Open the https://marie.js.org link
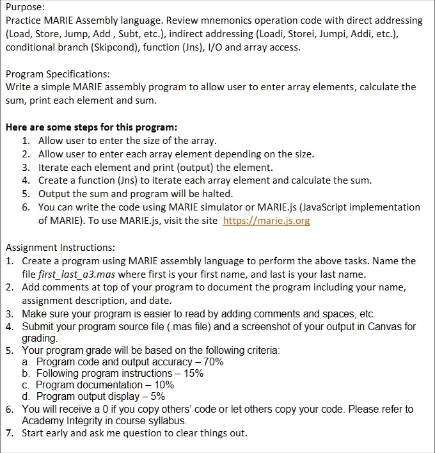[266, 221]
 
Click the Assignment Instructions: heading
[60, 247]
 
